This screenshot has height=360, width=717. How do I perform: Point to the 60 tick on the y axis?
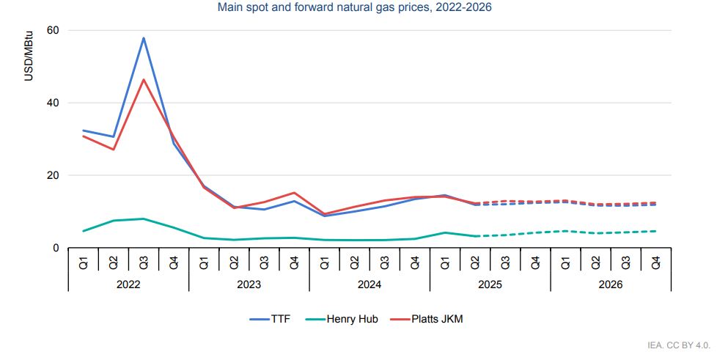pos(53,30)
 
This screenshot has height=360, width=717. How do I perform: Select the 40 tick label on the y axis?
pos(53,103)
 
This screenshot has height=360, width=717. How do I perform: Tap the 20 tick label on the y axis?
pos(53,175)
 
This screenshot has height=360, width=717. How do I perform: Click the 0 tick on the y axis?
pos(56,248)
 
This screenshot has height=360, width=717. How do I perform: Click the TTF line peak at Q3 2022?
pos(144,38)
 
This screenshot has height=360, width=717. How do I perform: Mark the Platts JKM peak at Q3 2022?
pos(144,79)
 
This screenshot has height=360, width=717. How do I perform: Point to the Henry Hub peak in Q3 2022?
pos(144,218)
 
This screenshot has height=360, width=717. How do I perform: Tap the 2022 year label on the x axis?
pos(128,284)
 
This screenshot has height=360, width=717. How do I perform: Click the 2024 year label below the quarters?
pos(369,284)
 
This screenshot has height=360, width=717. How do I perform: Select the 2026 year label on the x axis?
pos(610,284)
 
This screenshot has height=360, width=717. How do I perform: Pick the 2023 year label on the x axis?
pos(249,284)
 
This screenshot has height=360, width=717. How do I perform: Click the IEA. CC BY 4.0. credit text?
pos(679,345)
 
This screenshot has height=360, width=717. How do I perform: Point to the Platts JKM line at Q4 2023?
pos(294,193)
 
